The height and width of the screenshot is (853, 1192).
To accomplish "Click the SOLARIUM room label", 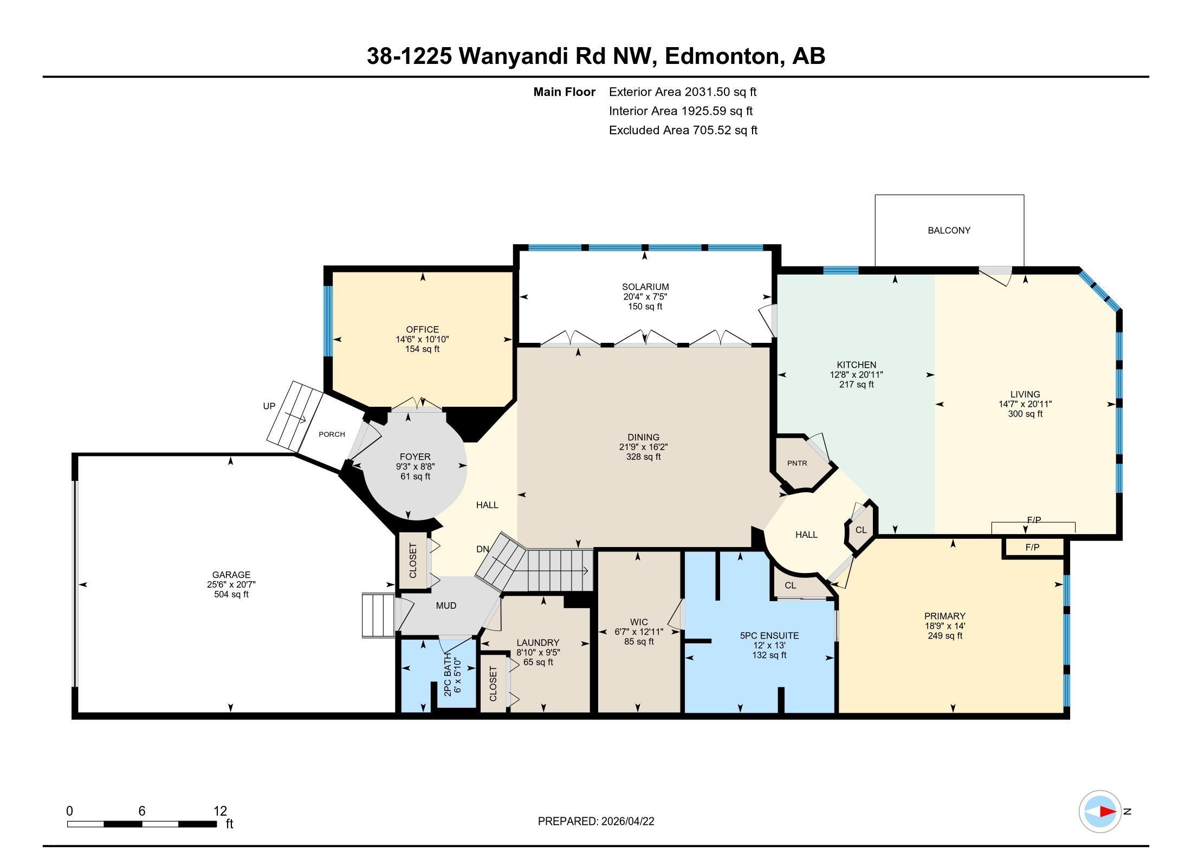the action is click(645, 287).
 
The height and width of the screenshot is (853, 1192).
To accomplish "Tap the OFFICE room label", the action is click(422, 329).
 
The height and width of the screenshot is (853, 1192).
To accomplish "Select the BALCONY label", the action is click(949, 230).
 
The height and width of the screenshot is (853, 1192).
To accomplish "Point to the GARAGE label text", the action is click(231, 575).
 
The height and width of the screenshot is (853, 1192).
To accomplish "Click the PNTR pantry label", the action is click(797, 463).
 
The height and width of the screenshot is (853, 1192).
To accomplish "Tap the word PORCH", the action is click(332, 434).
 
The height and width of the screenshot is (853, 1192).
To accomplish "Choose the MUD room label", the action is click(446, 605).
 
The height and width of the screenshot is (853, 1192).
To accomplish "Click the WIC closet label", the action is click(639, 622).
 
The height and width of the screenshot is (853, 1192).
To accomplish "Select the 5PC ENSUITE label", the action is click(769, 635).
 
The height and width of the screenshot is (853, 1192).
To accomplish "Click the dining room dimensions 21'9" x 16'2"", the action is click(644, 447).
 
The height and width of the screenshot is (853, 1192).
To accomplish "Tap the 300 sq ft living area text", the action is click(1025, 414).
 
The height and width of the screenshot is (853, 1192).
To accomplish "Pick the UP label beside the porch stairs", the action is click(269, 406).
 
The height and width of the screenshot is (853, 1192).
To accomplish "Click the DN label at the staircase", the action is click(483, 549).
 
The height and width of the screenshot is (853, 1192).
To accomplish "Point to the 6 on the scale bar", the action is click(142, 811).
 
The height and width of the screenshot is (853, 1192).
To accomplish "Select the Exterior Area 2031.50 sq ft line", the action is click(682, 92).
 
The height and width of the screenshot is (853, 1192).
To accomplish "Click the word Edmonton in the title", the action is click(724, 56).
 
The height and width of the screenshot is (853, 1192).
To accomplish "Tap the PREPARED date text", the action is click(596, 821).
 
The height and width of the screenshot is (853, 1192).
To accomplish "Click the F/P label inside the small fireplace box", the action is click(1032, 547).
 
